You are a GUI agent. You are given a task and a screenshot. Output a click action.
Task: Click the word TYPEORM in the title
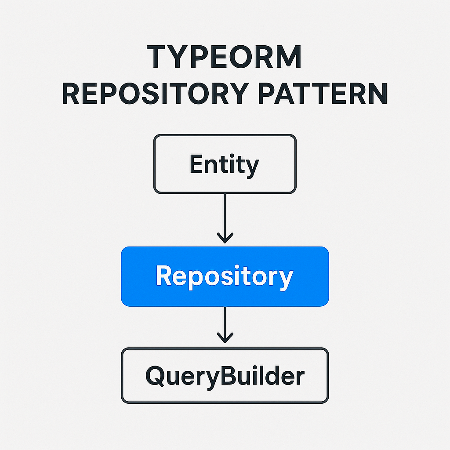coord(225,57)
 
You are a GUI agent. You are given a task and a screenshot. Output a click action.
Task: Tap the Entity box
coord(225,164)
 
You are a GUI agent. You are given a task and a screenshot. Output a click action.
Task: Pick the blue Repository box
coord(225,276)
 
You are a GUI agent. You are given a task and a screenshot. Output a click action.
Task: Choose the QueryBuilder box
coord(225,376)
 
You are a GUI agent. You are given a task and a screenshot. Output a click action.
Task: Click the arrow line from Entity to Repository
coord(225,215)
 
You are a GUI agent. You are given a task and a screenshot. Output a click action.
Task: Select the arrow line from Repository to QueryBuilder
coord(225,321)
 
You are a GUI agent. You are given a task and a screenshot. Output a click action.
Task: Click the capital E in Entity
coord(196,164)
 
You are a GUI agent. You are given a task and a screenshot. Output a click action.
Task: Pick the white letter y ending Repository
coord(286,279)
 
